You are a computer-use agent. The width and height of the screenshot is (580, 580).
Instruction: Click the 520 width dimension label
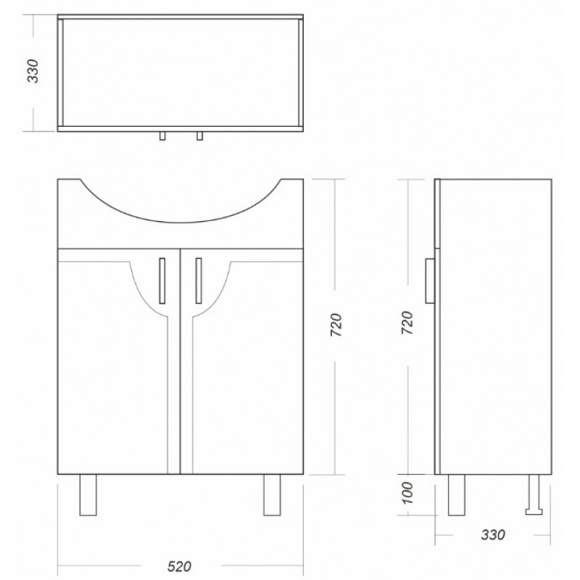point(179,566)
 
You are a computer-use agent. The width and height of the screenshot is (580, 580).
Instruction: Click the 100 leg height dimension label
point(407,493)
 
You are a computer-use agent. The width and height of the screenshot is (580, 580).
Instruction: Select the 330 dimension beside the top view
point(33,71)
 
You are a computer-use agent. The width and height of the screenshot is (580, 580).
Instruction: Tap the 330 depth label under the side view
point(493,534)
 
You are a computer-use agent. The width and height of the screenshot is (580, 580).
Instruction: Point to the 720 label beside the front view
point(336,325)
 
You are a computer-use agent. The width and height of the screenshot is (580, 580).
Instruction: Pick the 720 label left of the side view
point(407,323)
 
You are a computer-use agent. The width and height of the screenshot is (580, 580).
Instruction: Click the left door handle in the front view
point(162,281)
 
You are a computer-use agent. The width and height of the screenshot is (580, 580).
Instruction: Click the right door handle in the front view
point(199,281)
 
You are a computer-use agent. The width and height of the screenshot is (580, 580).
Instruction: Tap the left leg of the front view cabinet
point(88,495)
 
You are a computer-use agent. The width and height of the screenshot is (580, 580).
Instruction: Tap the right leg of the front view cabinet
point(272,495)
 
